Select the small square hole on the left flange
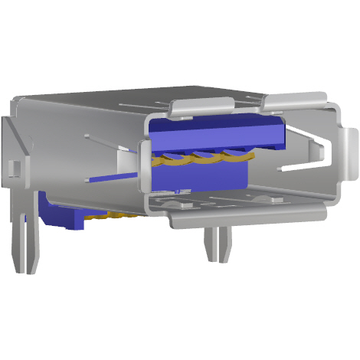coord(12,165)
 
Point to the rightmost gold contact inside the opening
coord(237,156)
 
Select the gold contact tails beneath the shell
coord(115,216)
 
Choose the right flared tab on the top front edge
coord(295,100)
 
